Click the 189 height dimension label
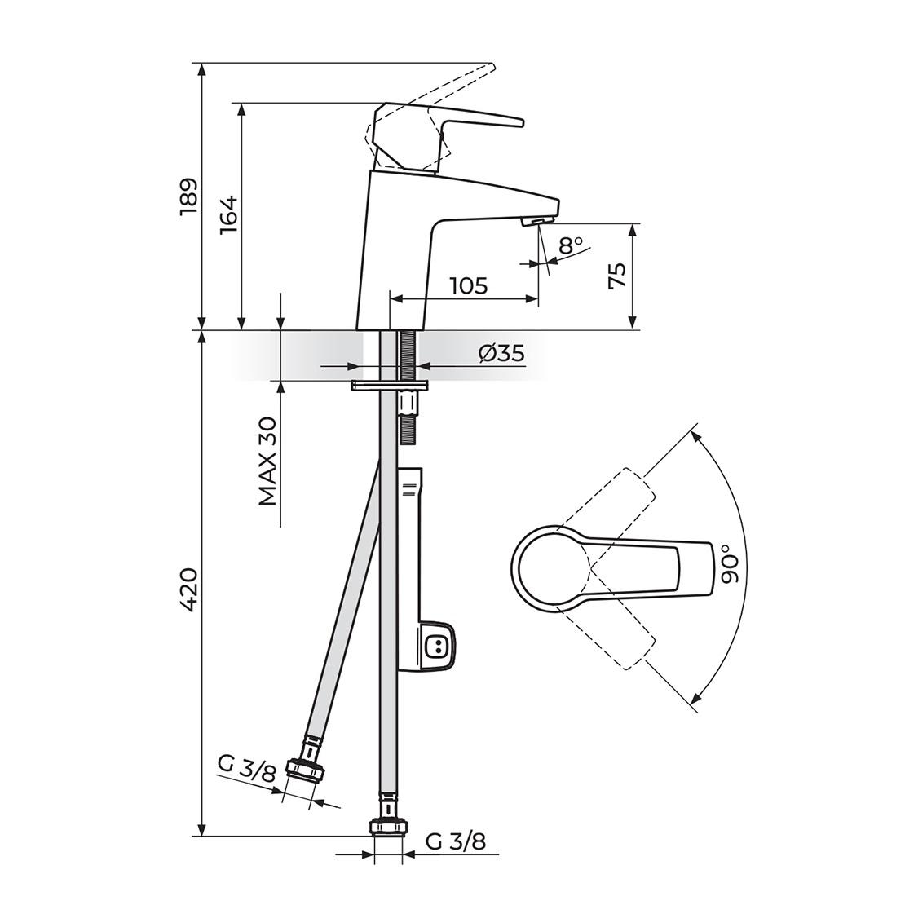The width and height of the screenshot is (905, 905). [x=188, y=196]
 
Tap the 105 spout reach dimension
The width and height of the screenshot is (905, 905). [x=468, y=285]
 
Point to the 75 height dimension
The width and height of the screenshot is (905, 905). [x=618, y=276]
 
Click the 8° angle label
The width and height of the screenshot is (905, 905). [x=571, y=244]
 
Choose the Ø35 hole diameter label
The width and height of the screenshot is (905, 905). [x=501, y=353]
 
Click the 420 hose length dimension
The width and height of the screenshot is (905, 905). [x=188, y=589]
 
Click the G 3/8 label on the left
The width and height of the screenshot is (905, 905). [x=247, y=769]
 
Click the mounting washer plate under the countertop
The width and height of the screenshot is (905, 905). [x=390, y=385]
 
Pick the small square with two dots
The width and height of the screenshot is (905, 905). [x=438, y=647]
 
